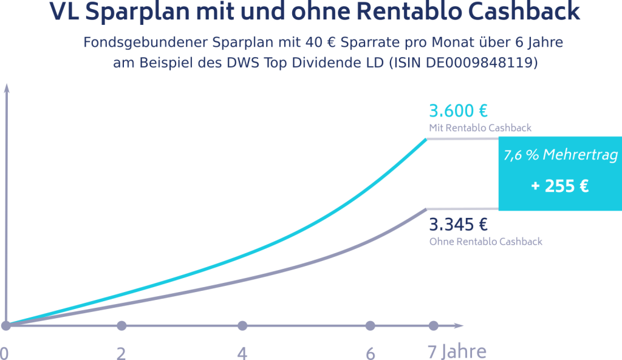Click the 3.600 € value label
tap(459, 112)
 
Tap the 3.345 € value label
tap(459, 225)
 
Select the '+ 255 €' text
tap(559, 186)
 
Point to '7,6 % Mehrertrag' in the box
tap(559, 155)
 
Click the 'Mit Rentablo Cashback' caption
tap(480, 128)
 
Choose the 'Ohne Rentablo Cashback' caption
tap(485, 241)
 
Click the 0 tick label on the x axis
tap(4, 353)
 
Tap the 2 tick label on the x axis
tap(121, 353)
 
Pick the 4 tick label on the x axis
tap(242, 353)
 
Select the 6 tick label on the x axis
tap(371, 353)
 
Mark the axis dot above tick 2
tap(121, 325)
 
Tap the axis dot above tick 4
tap(242, 325)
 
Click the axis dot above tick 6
tap(371, 325)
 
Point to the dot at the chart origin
tap(6, 325)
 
